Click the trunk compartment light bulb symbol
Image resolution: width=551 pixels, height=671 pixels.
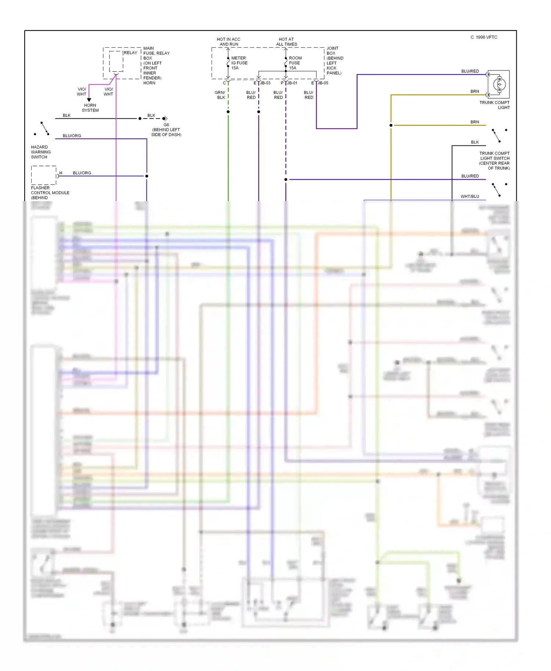tap(499, 84)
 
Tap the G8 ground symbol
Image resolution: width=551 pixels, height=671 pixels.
tap(165, 119)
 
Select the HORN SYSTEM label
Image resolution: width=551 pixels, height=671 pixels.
tap(90, 108)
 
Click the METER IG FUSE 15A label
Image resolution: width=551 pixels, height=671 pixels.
tap(239, 63)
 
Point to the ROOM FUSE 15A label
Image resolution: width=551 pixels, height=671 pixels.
tap(295, 63)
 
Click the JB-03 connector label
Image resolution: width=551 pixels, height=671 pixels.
tap(265, 83)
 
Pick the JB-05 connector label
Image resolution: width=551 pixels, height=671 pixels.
tap(323, 83)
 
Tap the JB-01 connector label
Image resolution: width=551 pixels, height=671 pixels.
tap(292, 83)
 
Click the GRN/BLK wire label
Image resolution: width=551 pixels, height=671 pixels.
tap(220, 95)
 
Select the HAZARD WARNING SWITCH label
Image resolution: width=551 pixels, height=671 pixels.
tap(41, 152)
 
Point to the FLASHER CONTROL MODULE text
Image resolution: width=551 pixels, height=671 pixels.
tap(50, 193)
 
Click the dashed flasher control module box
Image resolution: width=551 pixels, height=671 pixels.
tap(44, 175)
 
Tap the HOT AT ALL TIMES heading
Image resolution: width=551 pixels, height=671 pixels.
tap(287, 41)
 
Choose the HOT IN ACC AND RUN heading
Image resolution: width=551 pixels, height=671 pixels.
tap(228, 41)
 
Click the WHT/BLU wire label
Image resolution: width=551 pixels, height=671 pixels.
tap(470, 196)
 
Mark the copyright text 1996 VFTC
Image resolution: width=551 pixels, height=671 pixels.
tap(484, 37)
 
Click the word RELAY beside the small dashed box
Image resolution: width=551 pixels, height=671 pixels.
tap(130, 52)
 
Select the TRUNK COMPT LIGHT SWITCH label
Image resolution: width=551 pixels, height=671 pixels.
tap(494, 161)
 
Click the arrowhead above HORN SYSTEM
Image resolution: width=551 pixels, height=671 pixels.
tap(89, 100)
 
